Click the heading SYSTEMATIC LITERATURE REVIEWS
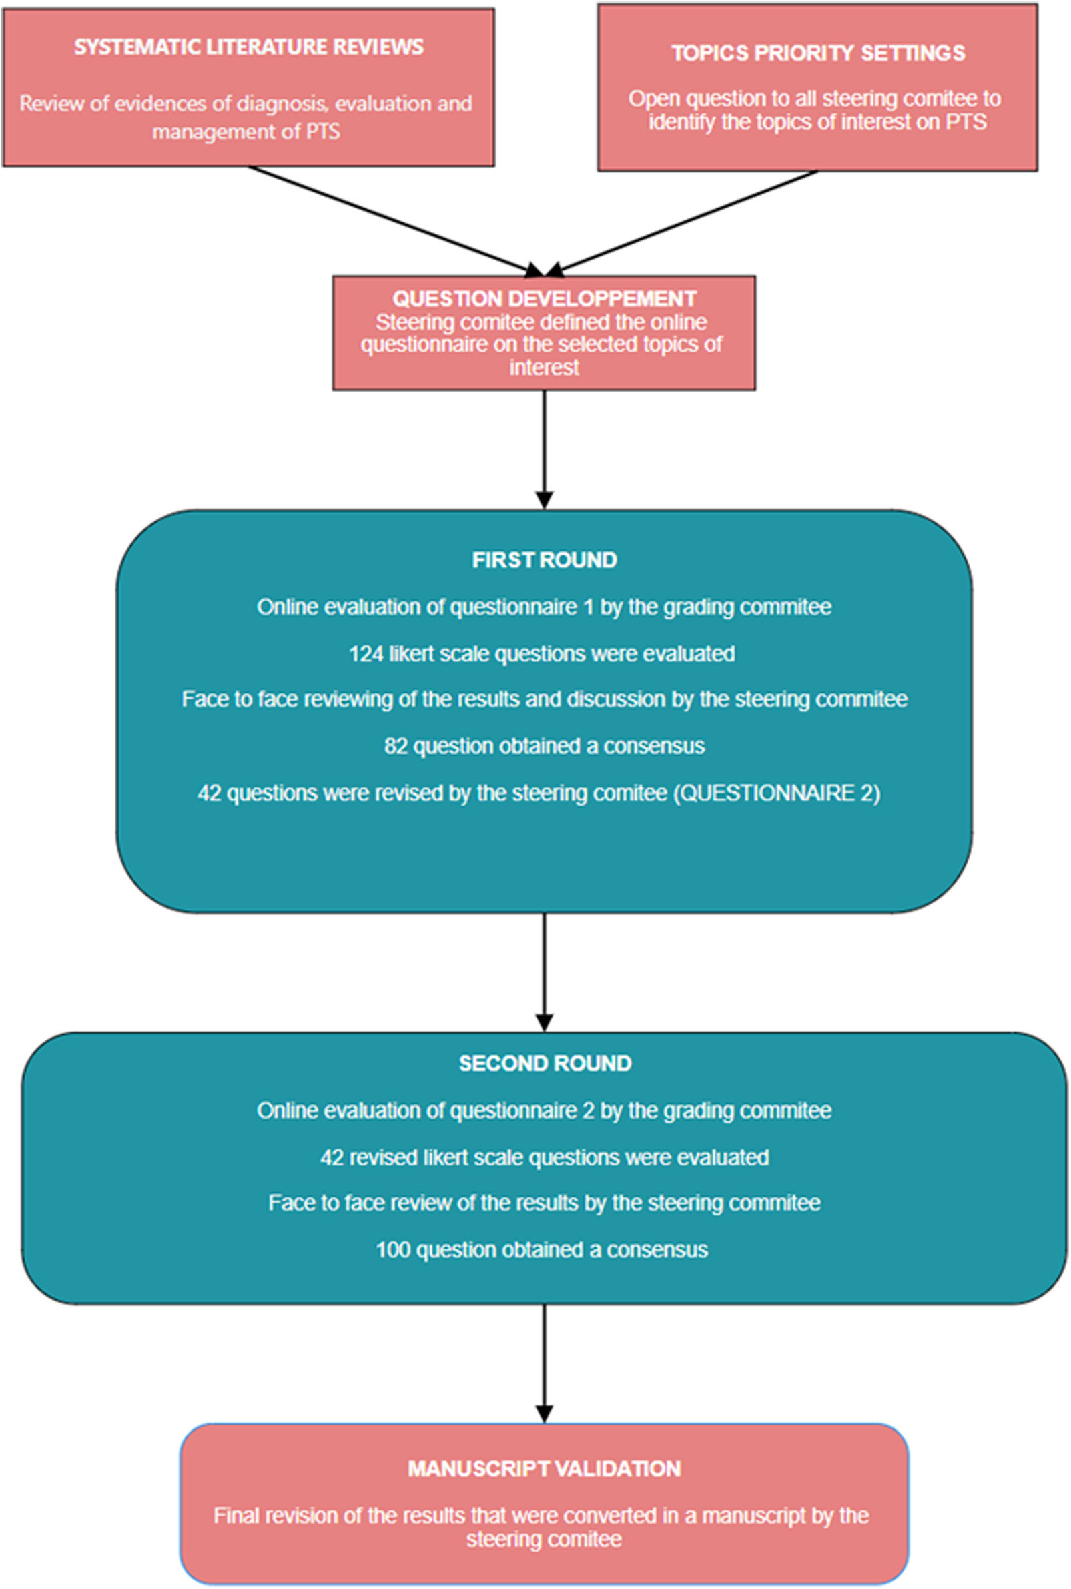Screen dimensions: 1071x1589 pyautogui.click(x=249, y=47)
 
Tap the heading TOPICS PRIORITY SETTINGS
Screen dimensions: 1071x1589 pyautogui.click(x=818, y=53)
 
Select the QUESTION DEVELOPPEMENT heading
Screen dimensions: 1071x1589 pyautogui.click(x=545, y=298)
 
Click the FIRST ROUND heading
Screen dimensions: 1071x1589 pyautogui.click(x=545, y=559)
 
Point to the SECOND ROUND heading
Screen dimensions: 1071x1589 pyautogui.click(x=545, y=1063)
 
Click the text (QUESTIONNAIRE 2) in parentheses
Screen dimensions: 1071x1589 pyautogui.click(x=777, y=793)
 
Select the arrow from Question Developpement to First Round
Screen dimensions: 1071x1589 pyautogui.click(x=545, y=450)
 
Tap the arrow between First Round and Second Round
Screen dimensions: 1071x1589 pyautogui.click(x=545, y=972)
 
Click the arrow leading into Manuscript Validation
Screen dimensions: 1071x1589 pyautogui.click(x=545, y=1363)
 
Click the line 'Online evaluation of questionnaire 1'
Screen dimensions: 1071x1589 pyautogui.click(x=545, y=607)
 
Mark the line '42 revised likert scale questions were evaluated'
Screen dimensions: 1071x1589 pyautogui.click(x=545, y=1157)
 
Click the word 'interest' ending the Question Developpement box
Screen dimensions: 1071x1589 pyautogui.click(x=545, y=368)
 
